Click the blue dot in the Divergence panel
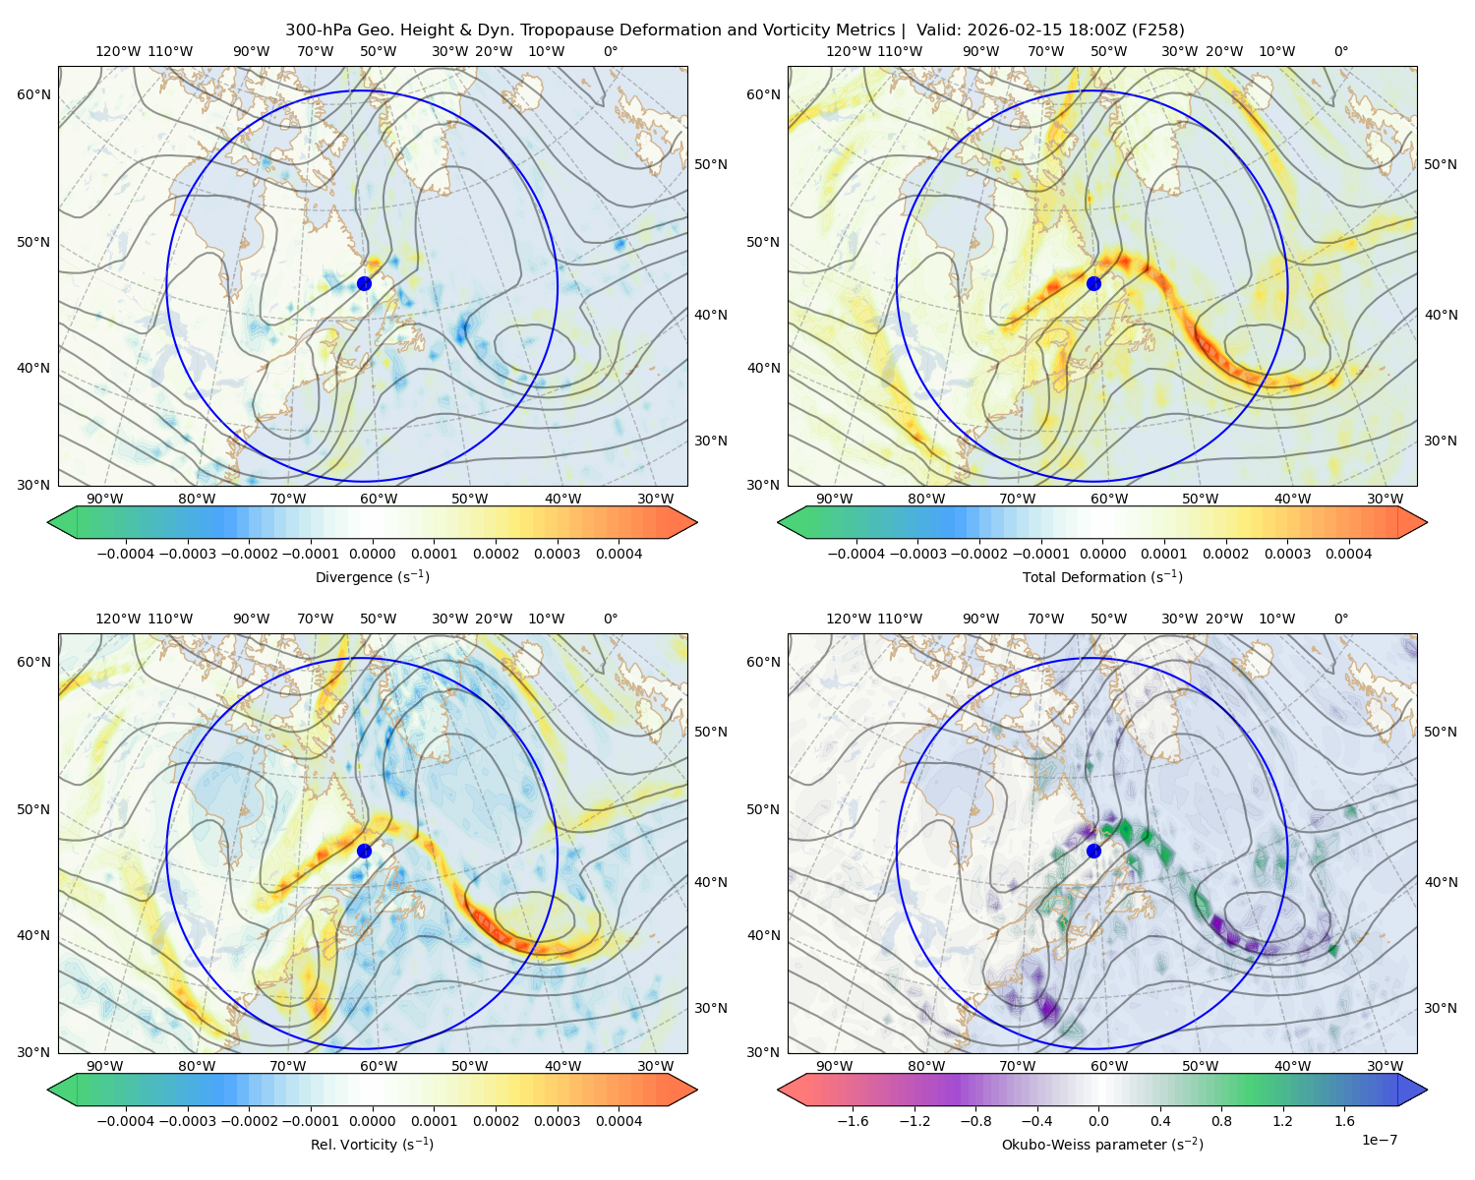pyautogui.click(x=364, y=283)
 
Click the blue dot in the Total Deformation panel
pyautogui.click(x=1093, y=283)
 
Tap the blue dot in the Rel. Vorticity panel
pyautogui.click(x=364, y=851)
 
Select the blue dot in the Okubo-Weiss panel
pyautogui.click(x=1093, y=851)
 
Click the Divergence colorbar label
pyautogui.click(x=372, y=577)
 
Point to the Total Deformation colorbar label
pyautogui.click(x=1102, y=577)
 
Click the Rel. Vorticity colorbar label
pyautogui.click(x=372, y=1145)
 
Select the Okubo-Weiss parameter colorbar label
pyautogui.click(x=1102, y=1145)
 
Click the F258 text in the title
pyautogui.click(x=1162, y=30)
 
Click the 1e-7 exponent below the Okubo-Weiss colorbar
pyautogui.click(x=1380, y=1140)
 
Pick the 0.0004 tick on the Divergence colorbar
pyautogui.click(x=618, y=554)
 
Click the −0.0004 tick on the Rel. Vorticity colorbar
pyautogui.click(x=124, y=1121)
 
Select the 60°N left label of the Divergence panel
pyautogui.click(x=33, y=94)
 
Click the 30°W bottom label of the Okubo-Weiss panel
pyautogui.click(x=1385, y=1066)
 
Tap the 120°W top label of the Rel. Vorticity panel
pyautogui.click(x=117, y=619)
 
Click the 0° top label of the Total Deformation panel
pyautogui.click(x=1341, y=51)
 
